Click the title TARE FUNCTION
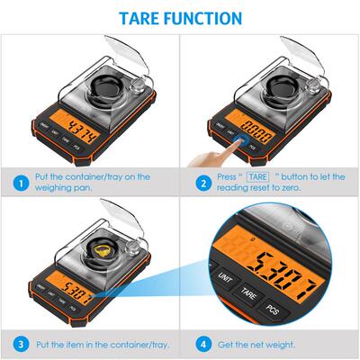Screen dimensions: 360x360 point(180,18)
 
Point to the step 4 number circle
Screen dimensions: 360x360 point(202,344)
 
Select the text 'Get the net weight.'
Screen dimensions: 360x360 point(257,344)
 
